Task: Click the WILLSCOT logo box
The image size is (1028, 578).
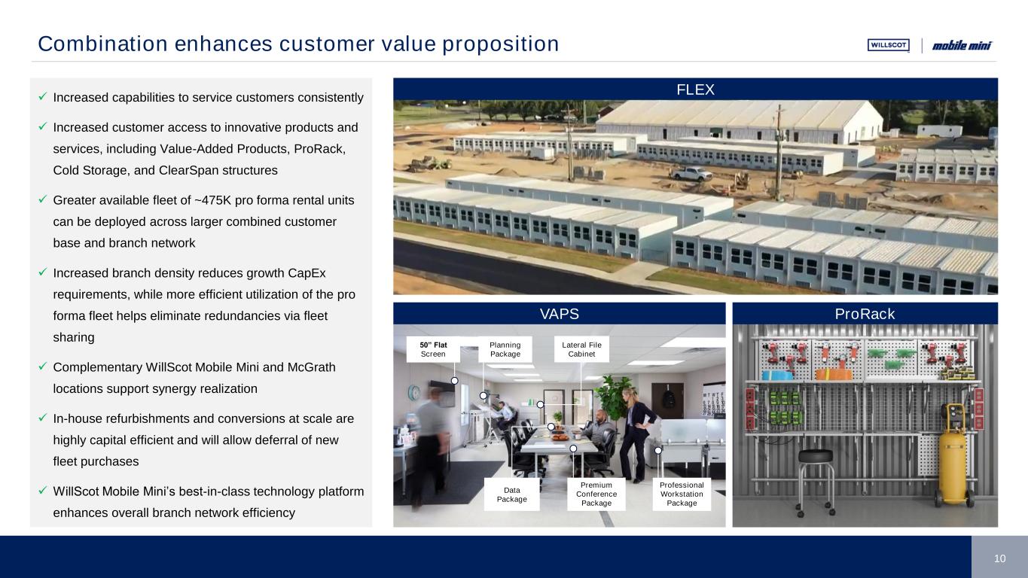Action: coord(888,45)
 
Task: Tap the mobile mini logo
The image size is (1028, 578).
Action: coord(962,45)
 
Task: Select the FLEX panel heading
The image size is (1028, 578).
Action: coord(695,90)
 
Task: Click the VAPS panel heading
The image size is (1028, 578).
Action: coord(559,314)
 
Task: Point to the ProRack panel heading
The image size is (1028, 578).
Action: coord(865,314)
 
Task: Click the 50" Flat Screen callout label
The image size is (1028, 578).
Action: coord(433,349)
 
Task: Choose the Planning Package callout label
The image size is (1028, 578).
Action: coord(505,349)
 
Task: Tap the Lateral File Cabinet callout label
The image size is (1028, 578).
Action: coord(581,349)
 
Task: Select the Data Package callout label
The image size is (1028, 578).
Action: coord(511,494)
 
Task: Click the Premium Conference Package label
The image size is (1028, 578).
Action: coord(596,494)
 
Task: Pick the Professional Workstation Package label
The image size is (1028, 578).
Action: coord(682,494)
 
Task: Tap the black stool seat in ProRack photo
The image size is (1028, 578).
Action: coord(815,455)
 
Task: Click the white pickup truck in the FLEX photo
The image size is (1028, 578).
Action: coord(691,173)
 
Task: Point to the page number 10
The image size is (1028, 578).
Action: coord(999,558)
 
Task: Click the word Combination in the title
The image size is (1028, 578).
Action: coord(102,44)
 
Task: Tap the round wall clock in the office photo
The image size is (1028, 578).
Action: coord(414,393)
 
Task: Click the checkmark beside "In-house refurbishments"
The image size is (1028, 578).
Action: coord(43,418)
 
